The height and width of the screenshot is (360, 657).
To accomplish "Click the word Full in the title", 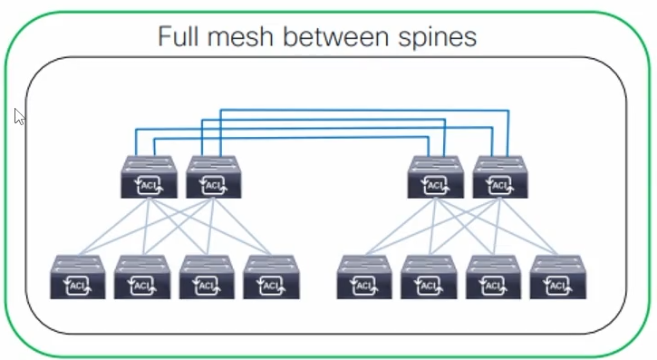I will pos(179,37).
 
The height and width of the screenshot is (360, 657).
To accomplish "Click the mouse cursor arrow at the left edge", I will pos(20,117).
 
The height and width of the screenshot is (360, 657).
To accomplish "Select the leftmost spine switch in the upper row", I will pos(149,177).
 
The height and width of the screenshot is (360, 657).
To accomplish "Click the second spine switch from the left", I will pos(214,177).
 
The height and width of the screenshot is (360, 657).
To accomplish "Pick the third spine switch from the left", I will pos(435,177).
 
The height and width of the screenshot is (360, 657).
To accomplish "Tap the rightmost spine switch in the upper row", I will pos(500,177).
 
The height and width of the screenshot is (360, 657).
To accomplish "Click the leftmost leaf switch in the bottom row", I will pos(78,277).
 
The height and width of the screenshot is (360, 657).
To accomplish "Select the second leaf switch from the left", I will pos(142,277).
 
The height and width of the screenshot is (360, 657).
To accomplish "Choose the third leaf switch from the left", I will pos(208,277).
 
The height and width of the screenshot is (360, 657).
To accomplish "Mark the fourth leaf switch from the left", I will pos(272,277).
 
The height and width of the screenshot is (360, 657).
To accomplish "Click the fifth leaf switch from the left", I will pos(364,277).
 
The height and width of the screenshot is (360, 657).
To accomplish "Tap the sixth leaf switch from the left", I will pos(429,277).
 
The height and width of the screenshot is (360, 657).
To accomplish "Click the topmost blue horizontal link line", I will pos(362,110).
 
